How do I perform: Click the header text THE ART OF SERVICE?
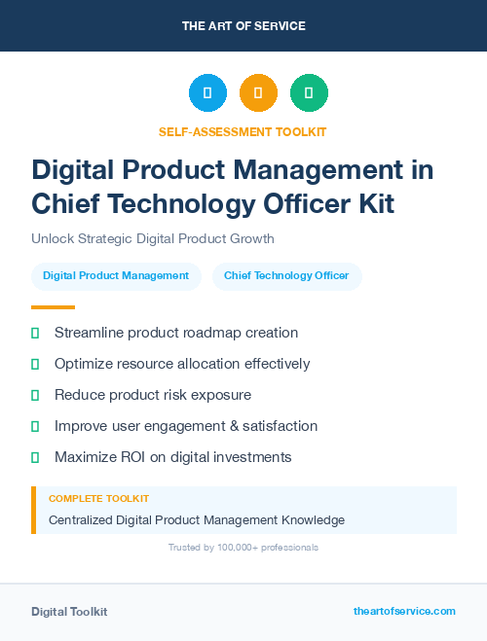[243, 26]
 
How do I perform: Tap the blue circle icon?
[207, 93]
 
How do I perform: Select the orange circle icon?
[258, 93]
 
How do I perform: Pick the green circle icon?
[309, 93]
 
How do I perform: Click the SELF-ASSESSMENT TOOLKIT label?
[243, 131]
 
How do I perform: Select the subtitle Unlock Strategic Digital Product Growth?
[153, 238]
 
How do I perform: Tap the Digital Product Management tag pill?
[116, 276]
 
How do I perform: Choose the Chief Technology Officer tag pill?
[286, 276]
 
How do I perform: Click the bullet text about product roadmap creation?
[176, 333]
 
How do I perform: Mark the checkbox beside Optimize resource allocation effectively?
[35, 364]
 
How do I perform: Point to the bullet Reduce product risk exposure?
[153, 395]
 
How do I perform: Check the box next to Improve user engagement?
[35, 426]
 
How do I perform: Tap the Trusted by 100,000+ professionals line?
[243, 548]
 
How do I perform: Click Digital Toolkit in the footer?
[69, 612]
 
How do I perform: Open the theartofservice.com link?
[404, 611]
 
